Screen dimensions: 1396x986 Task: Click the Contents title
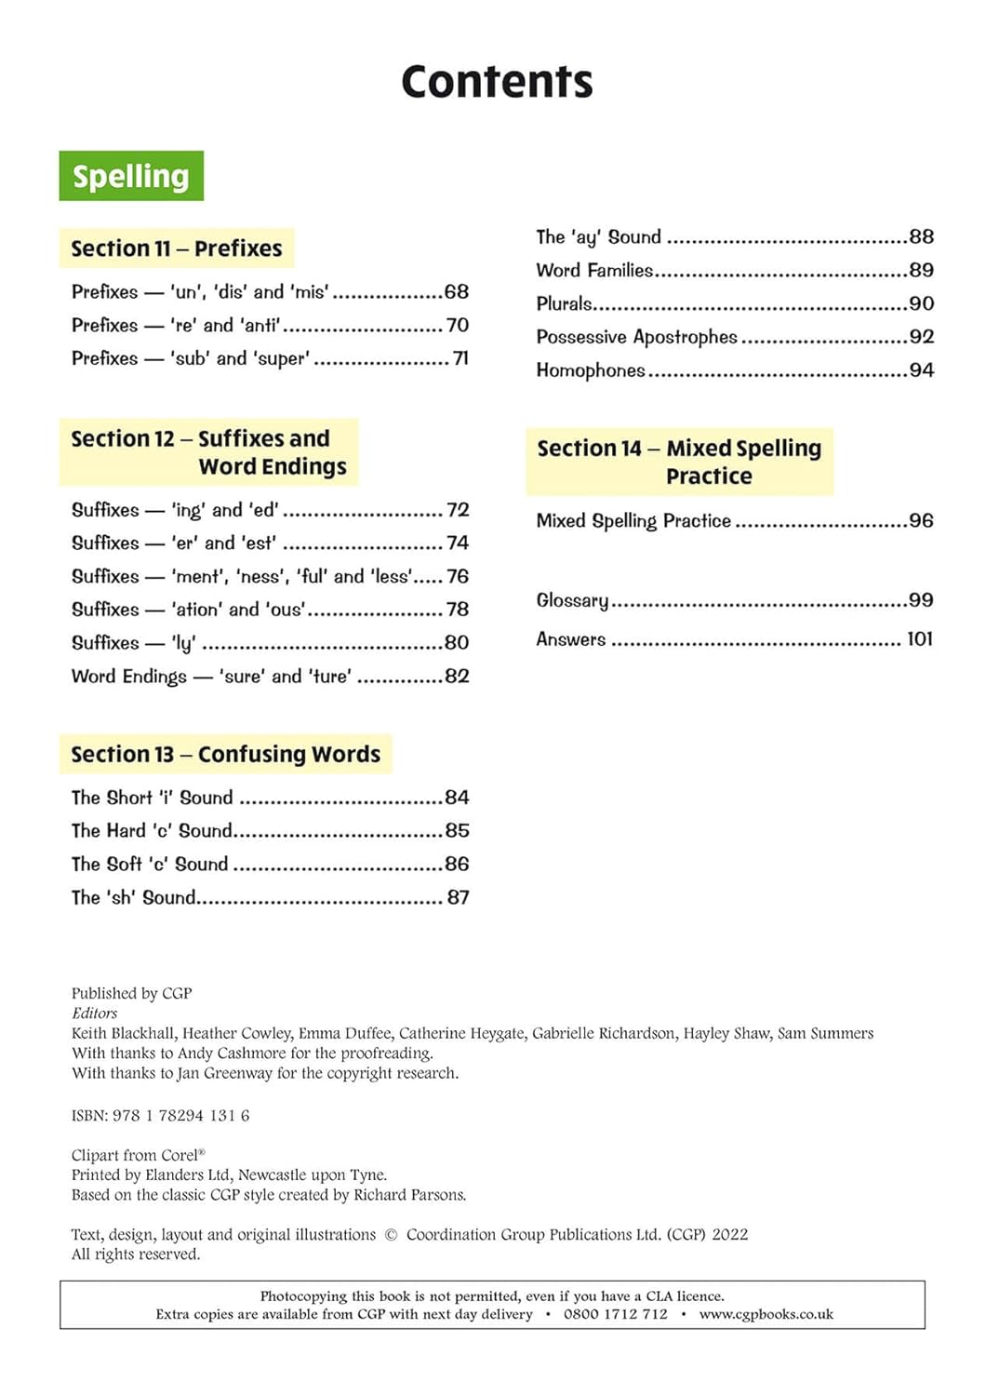point(497,82)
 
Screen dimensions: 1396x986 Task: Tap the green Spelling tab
point(131,176)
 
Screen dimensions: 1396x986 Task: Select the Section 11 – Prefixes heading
point(177,248)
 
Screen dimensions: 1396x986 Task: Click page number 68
point(456,291)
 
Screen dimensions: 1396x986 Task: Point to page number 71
point(460,358)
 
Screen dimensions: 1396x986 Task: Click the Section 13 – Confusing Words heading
point(226,754)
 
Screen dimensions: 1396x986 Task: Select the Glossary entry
point(572,600)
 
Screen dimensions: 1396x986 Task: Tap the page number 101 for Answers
point(919,638)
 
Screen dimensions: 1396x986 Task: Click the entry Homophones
point(591,370)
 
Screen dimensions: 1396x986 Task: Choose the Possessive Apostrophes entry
point(636,337)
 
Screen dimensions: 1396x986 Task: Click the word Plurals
point(564,303)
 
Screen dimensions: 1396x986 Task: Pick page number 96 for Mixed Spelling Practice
point(921,520)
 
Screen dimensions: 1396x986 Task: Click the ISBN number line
point(160,1115)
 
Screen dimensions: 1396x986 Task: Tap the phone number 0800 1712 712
point(616,1314)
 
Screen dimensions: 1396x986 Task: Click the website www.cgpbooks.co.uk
point(766,1314)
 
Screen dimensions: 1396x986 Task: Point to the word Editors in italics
point(95,1013)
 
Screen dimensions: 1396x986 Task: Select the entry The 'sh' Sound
point(133,897)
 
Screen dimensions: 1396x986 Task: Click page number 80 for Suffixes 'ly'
point(457,642)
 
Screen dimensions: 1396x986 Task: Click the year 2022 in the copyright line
point(729,1234)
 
